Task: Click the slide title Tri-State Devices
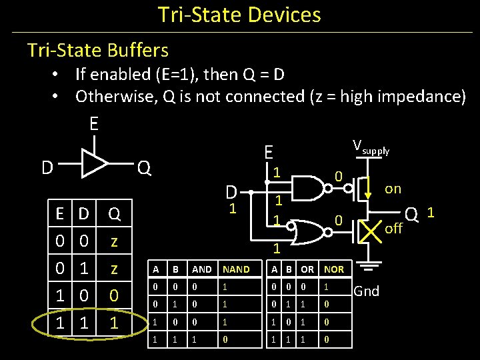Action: coord(239,15)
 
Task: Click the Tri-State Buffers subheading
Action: coord(97,50)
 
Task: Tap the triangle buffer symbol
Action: coord(94,163)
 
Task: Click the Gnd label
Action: coord(367,291)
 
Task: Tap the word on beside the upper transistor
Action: coord(393,189)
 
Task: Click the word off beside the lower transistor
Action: coord(394,229)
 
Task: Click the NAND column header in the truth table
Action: coord(236,269)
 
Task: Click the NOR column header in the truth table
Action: coord(334,269)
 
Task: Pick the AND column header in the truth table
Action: coord(201,269)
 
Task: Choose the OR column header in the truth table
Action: coord(307,269)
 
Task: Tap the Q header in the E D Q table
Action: coord(114,214)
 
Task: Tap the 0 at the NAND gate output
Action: coord(339,177)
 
